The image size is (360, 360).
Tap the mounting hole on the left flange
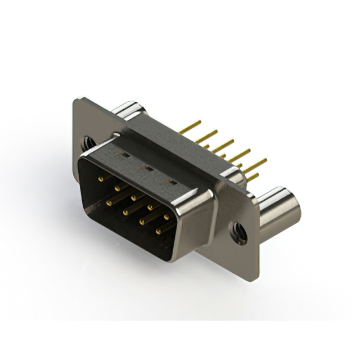pyautogui.click(x=88, y=143)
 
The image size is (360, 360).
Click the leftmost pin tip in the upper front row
pyautogui.click(x=101, y=179)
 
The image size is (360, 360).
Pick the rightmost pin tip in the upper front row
pyautogui.click(x=166, y=217)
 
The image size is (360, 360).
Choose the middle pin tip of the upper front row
pyautogui.click(x=134, y=197)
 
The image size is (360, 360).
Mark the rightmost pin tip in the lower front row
pyautogui.click(x=158, y=231)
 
